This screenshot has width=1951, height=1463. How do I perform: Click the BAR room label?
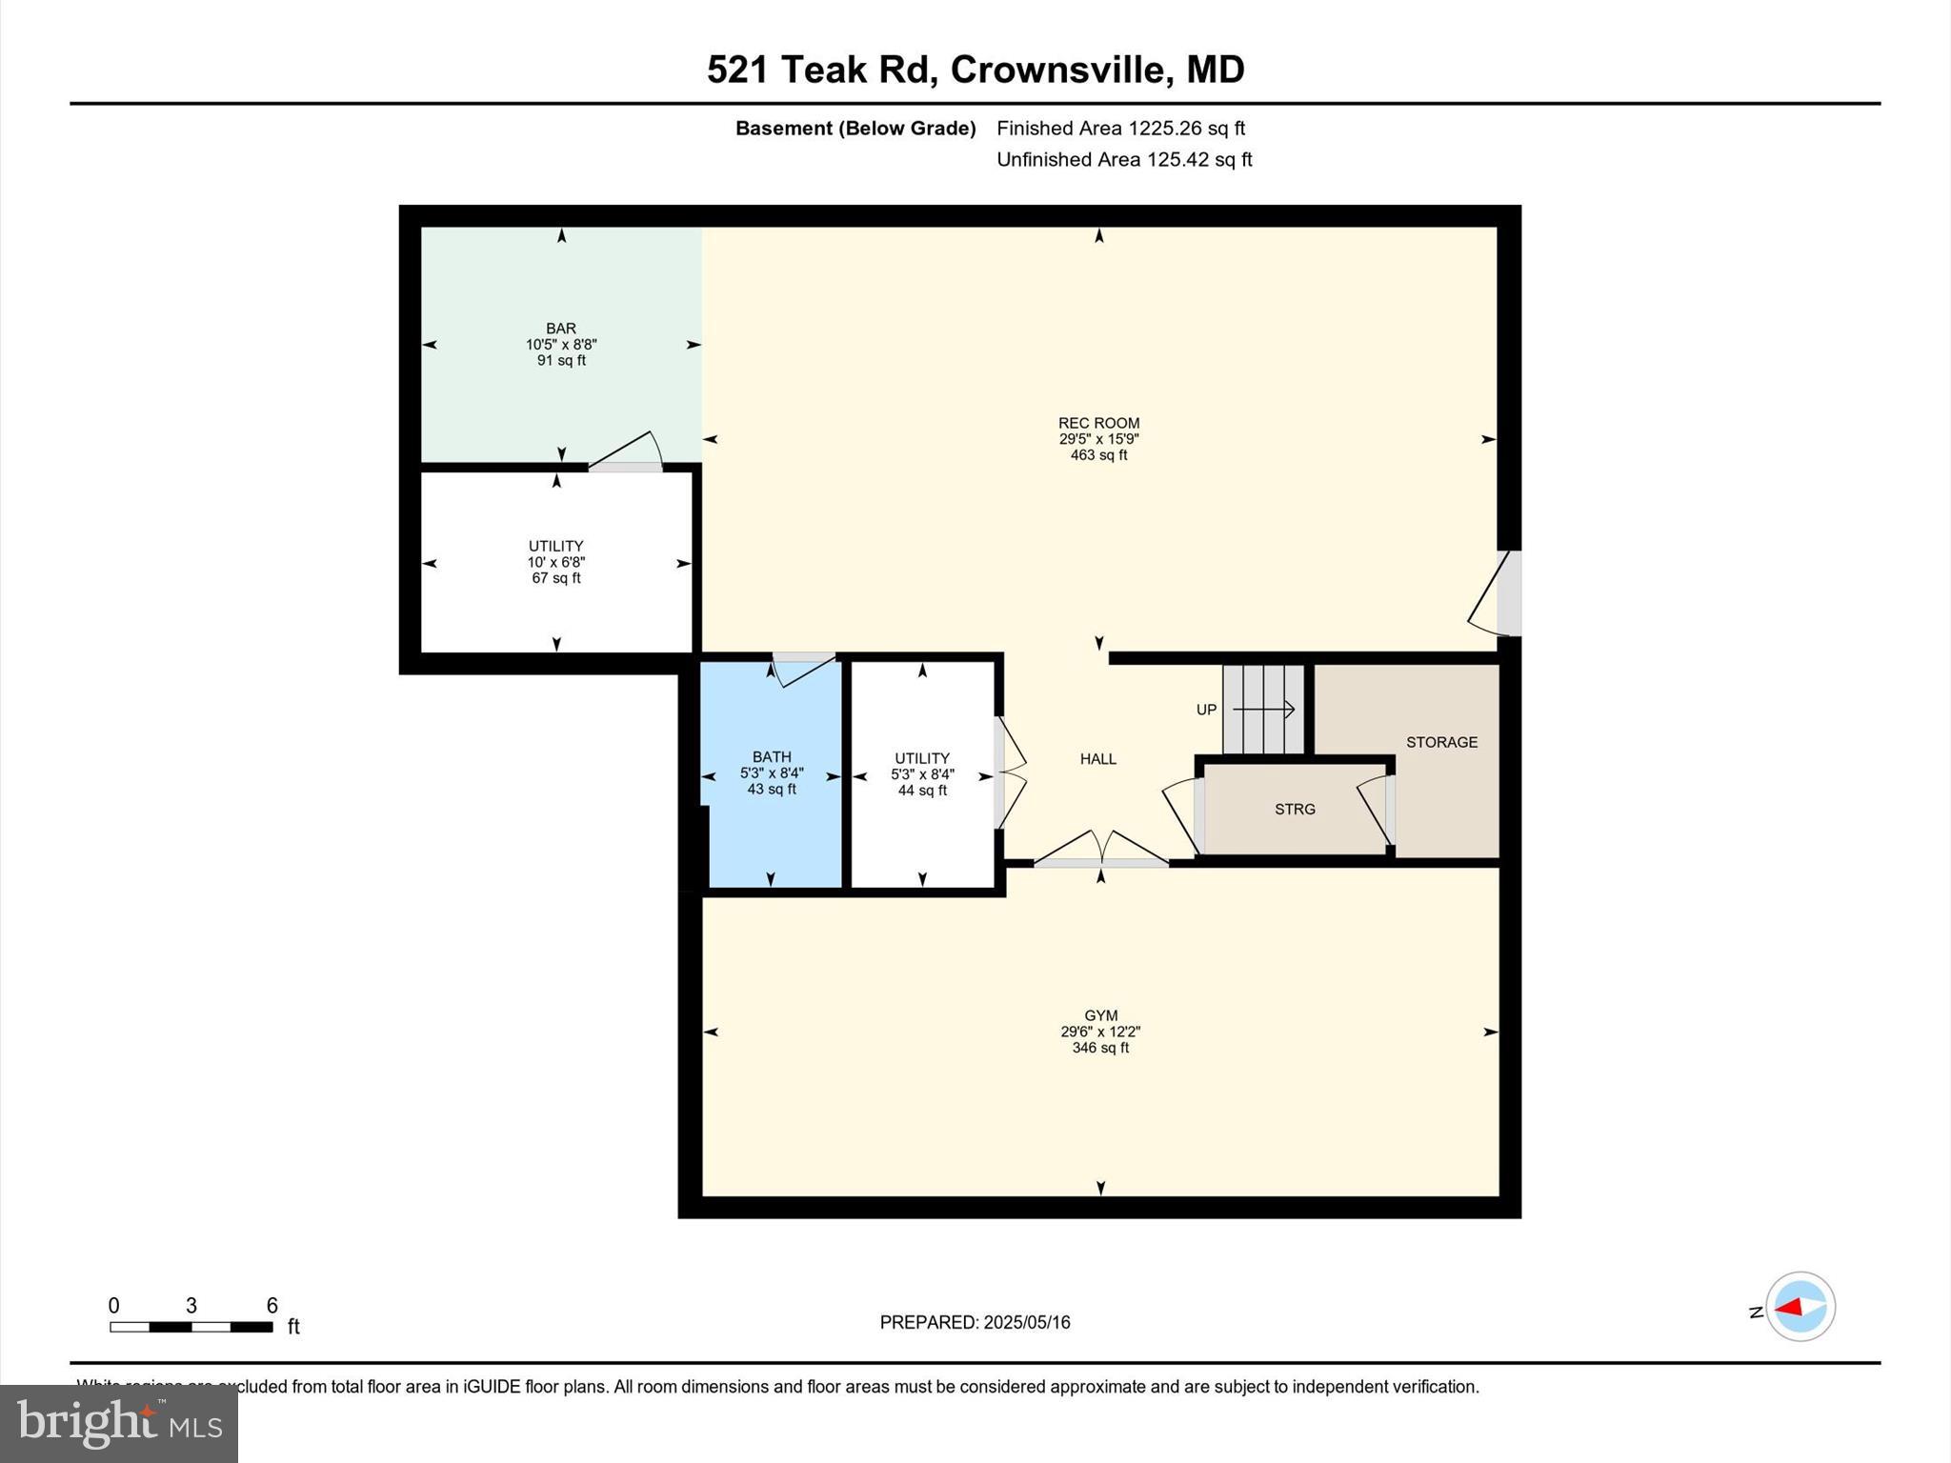[x=561, y=329]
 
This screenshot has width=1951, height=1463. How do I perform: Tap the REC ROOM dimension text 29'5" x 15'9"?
[x=1098, y=439]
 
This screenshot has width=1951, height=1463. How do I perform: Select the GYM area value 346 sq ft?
[x=1100, y=1048]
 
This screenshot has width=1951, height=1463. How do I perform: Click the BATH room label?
[x=771, y=757]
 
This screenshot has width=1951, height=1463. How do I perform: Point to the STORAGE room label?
[x=1441, y=742]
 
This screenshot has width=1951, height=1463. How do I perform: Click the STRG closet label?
[x=1295, y=809]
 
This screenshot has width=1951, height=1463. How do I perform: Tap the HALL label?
[x=1097, y=759]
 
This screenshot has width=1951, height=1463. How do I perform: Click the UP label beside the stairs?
[x=1206, y=710]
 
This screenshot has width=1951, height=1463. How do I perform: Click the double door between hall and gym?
[x=1101, y=850]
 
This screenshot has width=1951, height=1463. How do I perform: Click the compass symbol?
[x=1800, y=1307]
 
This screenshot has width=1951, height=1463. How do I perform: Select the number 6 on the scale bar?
[x=272, y=1305]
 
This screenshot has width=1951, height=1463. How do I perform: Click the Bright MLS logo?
[x=119, y=1423]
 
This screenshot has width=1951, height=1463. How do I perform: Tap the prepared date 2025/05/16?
[x=1026, y=1322]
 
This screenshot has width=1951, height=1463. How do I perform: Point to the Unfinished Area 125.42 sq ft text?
[x=1123, y=159]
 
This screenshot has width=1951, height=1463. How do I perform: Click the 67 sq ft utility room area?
[x=556, y=578]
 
